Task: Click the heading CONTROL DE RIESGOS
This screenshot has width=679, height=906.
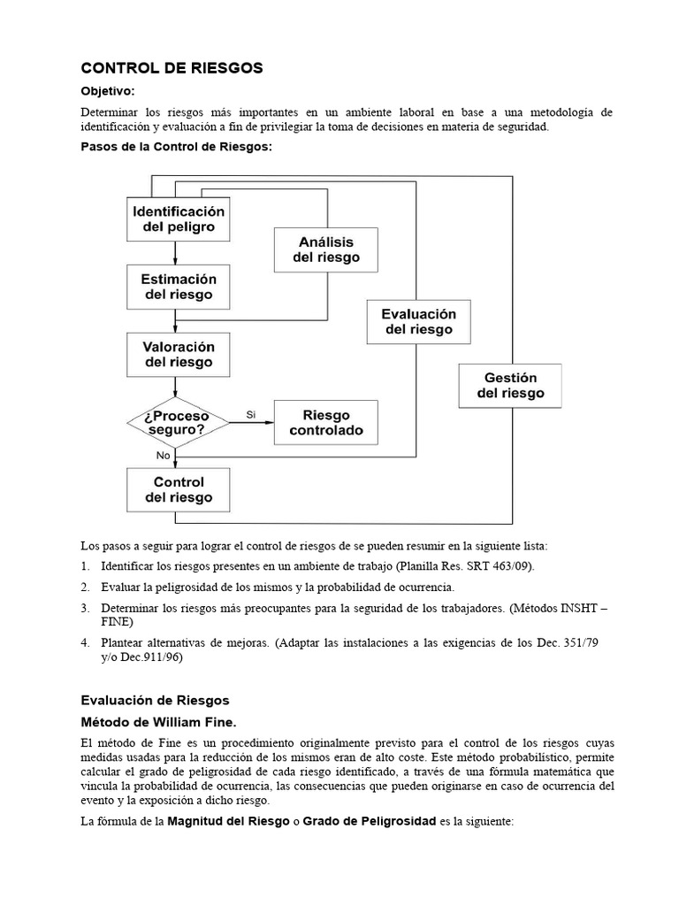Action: coord(172,67)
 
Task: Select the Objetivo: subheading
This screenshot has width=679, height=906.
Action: coord(108,91)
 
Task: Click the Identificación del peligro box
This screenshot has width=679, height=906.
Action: coord(179,219)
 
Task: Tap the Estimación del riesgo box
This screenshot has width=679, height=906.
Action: coord(179,287)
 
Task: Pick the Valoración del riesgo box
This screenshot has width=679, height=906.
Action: coord(179,353)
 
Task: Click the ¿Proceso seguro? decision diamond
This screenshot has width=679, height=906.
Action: coord(179,422)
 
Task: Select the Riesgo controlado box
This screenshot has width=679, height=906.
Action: coord(325,423)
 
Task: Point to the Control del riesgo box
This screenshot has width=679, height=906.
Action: coord(179,490)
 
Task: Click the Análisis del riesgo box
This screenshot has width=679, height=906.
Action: coord(325,250)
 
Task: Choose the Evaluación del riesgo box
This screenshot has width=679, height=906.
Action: coord(418,321)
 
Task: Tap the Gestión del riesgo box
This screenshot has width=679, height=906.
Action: coord(510,386)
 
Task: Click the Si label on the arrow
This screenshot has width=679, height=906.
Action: coord(250,414)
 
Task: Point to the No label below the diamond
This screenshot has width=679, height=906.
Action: coord(163,456)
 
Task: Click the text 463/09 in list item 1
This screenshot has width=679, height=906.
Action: coord(511,565)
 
